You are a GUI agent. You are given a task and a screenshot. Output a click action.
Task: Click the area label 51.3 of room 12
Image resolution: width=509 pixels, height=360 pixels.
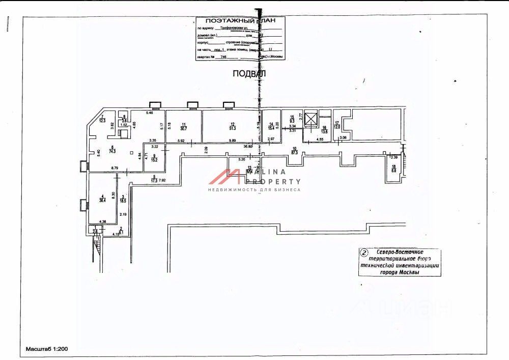(x=233, y=129)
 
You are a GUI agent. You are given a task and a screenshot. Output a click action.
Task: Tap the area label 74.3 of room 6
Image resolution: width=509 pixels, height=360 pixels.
(x=112, y=151)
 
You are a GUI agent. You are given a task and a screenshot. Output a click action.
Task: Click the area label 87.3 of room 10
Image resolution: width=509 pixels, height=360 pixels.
(x=294, y=152)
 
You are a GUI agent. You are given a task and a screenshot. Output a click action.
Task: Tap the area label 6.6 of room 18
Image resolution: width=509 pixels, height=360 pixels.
(x=393, y=171)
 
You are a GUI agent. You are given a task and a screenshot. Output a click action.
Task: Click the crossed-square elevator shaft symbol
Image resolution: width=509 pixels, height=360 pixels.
(x=310, y=116)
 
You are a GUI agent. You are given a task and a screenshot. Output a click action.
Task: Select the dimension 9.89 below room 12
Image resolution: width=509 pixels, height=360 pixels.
(x=233, y=141)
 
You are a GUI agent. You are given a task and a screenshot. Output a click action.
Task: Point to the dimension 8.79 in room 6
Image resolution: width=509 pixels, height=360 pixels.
(x=115, y=168)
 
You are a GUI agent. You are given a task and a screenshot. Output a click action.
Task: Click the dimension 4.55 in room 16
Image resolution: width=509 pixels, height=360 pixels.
(x=320, y=139)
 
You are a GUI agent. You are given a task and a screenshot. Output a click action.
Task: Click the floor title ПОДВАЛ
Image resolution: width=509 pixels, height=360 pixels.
(x=249, y=73)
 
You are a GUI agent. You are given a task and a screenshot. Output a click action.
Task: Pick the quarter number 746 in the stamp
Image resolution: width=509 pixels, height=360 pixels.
(x=220, y=57)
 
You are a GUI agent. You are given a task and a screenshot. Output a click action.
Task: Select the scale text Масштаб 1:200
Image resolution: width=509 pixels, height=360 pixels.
(x=47, y=350)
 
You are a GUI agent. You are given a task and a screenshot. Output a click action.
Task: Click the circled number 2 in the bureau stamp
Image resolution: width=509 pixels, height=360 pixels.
(x=363, y=252)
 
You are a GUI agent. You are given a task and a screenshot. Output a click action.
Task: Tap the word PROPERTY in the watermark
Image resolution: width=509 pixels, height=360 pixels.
(x=274, y=181)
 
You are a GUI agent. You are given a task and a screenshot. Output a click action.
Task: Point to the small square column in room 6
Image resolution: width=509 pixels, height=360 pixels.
(x=132, y=153)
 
